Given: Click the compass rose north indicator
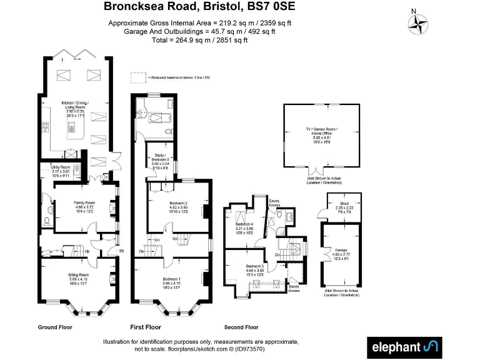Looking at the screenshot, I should pos(419,23).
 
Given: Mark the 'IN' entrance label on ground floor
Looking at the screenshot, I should pos(122,251).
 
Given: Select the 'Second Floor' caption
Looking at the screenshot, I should pos(241,327).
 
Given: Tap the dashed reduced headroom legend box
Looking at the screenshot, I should pos(137,78).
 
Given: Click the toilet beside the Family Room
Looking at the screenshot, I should pos(48,220).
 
